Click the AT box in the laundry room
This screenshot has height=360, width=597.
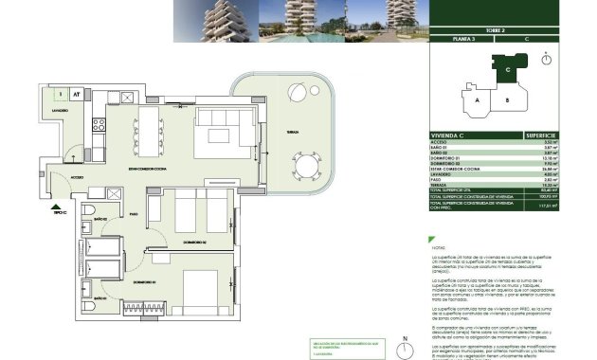76,94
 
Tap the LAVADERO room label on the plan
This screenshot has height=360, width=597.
54,111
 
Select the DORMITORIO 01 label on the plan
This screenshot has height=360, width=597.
144,282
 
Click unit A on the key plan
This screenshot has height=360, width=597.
479,99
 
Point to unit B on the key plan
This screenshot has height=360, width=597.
508,99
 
